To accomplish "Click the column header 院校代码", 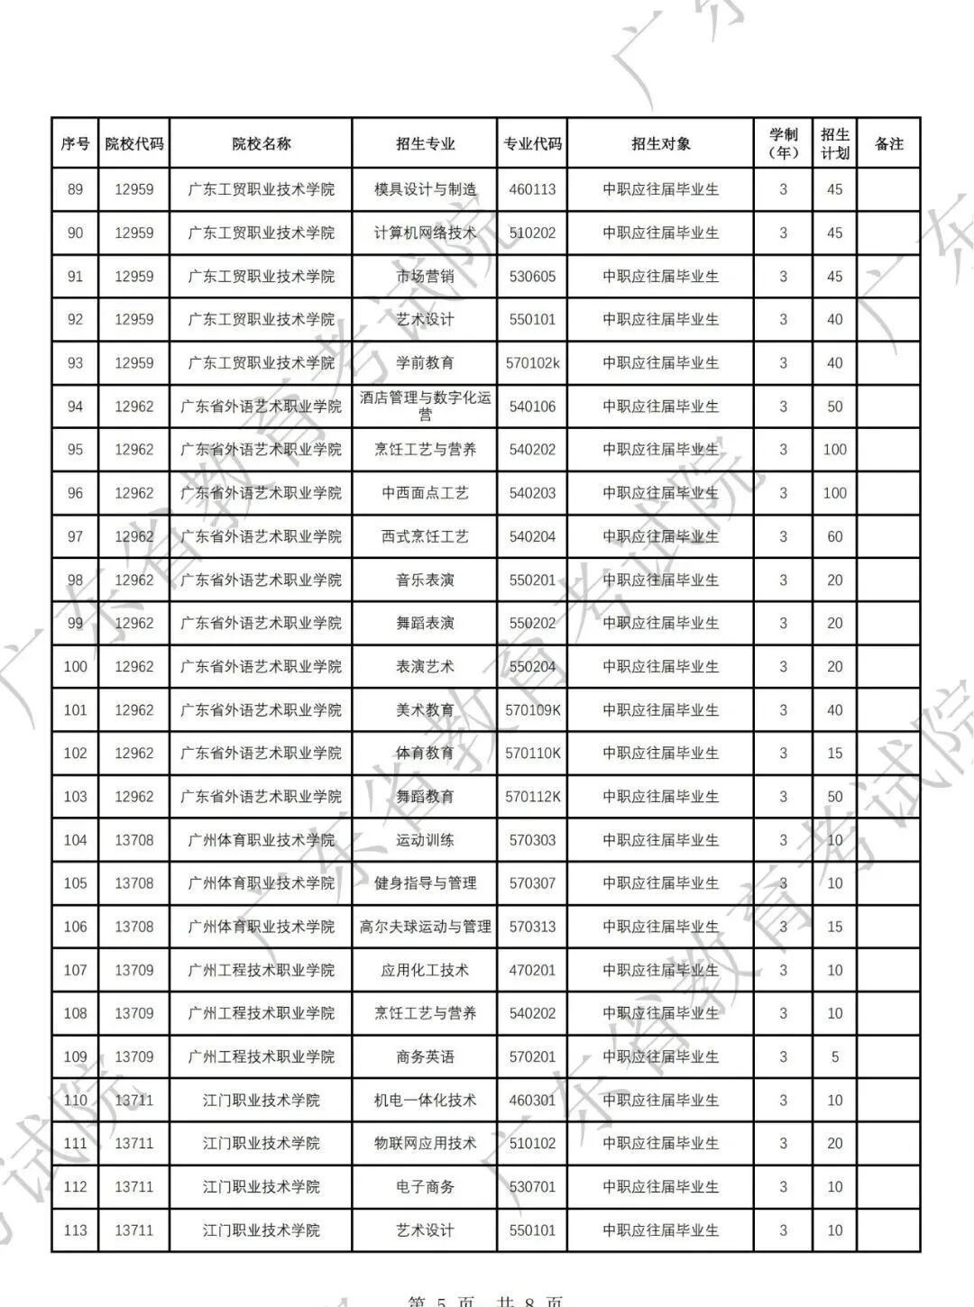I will (134, 143).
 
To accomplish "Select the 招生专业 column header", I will (425, 143).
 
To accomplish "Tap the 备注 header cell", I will (888, 143).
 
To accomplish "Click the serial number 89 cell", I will (75, 189).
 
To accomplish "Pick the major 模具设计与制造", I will (425, 189).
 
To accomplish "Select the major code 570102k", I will (532, 363).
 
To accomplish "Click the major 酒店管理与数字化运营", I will (425, 406).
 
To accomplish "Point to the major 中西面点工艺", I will (425, 493).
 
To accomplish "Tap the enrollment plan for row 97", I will (834, 536).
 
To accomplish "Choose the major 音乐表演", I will (425, 580).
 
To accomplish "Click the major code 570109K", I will (532, 710).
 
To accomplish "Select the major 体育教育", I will (425, 754).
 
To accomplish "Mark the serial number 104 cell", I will (75, 840).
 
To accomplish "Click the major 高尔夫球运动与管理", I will (425, 927).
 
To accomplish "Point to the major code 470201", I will (532, 970).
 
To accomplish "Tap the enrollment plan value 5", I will (834, 1056).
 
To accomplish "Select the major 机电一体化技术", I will (425, 1100).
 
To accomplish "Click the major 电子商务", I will (425, 1187).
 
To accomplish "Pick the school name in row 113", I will (261, 1230).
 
